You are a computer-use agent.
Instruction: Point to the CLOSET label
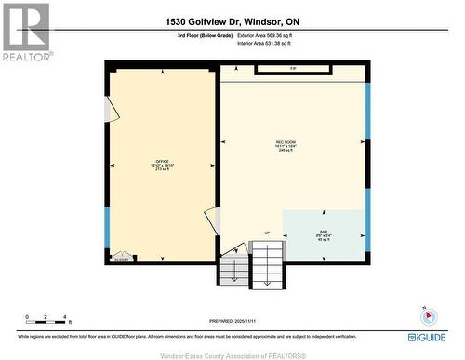(121, 260)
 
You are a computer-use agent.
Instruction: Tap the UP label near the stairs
(266, 233)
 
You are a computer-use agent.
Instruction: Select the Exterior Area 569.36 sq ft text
(271, 35)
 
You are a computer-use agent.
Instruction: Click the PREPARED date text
(232, 319)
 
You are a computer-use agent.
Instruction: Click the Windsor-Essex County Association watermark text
(232, 354)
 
